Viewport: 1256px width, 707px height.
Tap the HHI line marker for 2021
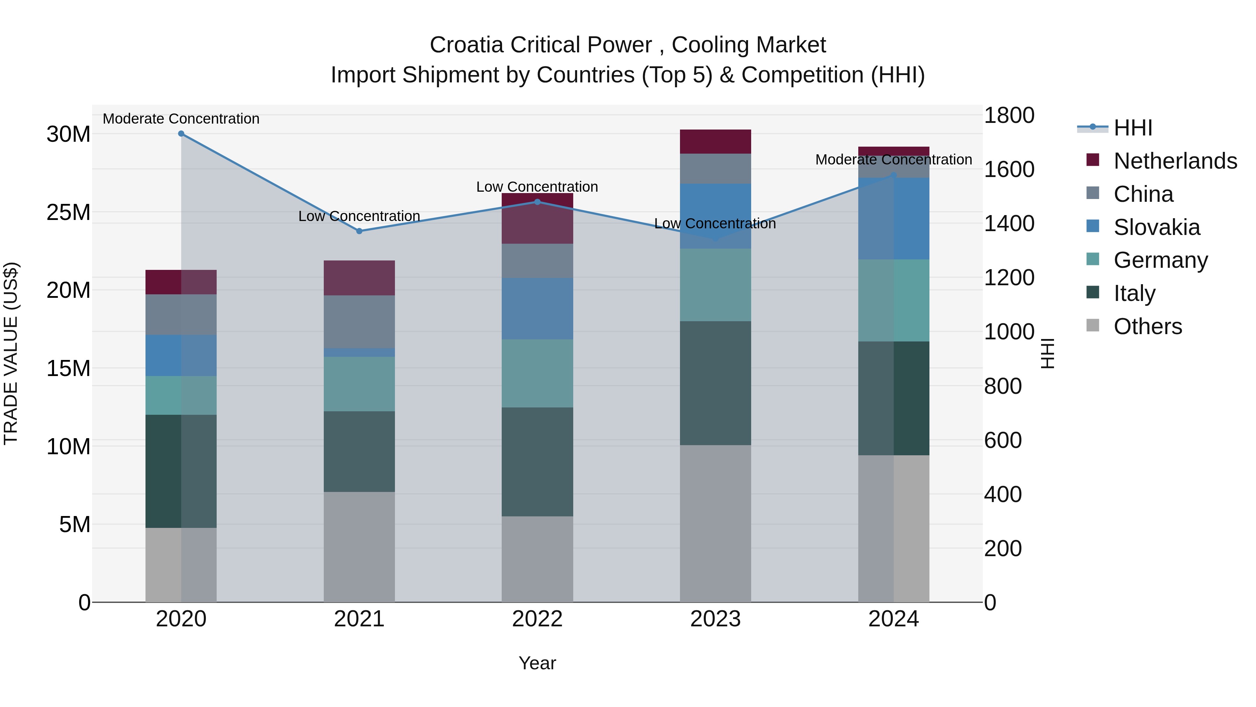[x=359, y=231]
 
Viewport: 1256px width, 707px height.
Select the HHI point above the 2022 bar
[x=537, y=202]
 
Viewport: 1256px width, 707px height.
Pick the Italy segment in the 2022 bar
[x=537, y=462]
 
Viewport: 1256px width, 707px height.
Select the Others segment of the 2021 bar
[x=359, y=546]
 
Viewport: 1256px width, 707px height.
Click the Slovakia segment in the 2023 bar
[x=715, y=216]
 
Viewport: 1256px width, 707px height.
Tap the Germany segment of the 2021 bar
[x=359, y=384]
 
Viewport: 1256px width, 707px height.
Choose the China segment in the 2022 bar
[x=537, y=261]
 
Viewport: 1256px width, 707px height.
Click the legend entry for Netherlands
[x=1175, y=161]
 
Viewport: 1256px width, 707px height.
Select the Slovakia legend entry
[x=1157, y=227]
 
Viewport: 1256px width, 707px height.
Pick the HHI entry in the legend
[x=1132, y=128]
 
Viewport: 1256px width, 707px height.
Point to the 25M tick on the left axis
[x=68, y=213]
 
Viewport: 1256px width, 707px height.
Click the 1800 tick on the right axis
[x=1009, y=116]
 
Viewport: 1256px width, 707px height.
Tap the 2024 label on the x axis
[x=893, y=619]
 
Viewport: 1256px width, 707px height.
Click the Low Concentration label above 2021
[x=359, y=216]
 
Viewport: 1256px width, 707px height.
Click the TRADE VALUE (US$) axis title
[x=11, y=353]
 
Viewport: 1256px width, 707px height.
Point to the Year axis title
[x=537, y=663]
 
